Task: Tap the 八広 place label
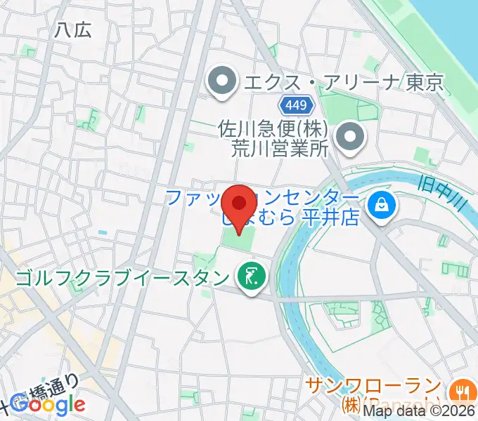click(x=73, y=29)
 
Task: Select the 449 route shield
click(x=295, y=105)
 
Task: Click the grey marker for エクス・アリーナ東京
click(x=223, y=82)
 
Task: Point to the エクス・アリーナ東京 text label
click(x=344, y=83)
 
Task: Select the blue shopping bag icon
click(x=382, y=205)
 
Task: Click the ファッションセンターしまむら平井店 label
click(x=262, y=206)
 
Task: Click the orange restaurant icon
click(x=462, y=390)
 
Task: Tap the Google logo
click(x=50, y=404)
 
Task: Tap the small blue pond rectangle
click(x=103, y=232)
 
